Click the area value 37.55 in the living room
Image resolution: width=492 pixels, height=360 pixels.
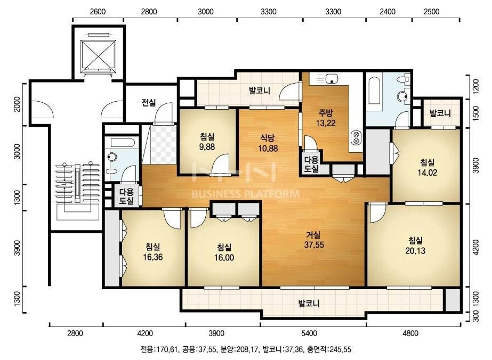coord(314,245)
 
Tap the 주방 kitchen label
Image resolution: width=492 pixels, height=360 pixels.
coord(325,112)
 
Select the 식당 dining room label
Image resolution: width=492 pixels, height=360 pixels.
coord(268,138)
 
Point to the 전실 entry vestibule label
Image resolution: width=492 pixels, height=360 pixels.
coord(149,102)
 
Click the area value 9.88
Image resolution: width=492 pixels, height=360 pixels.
coord(207,146)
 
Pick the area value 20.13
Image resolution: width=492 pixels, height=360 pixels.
coord(415,250)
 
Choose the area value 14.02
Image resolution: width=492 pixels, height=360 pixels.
coord(428,173)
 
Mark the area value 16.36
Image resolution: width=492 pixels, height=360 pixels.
coord(153,257)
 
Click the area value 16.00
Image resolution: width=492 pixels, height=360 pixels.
coord(224,257)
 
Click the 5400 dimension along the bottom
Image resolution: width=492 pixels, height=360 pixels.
coord(309,333)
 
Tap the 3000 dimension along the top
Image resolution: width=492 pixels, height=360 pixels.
coord(206,12)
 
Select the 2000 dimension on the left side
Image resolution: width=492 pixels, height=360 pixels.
coord(17,104)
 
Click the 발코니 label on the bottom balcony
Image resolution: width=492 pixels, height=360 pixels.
coord(309,303)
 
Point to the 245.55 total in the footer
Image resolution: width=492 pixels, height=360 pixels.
coord(341,349)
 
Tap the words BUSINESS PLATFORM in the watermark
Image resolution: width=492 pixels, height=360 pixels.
coord(245,194)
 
